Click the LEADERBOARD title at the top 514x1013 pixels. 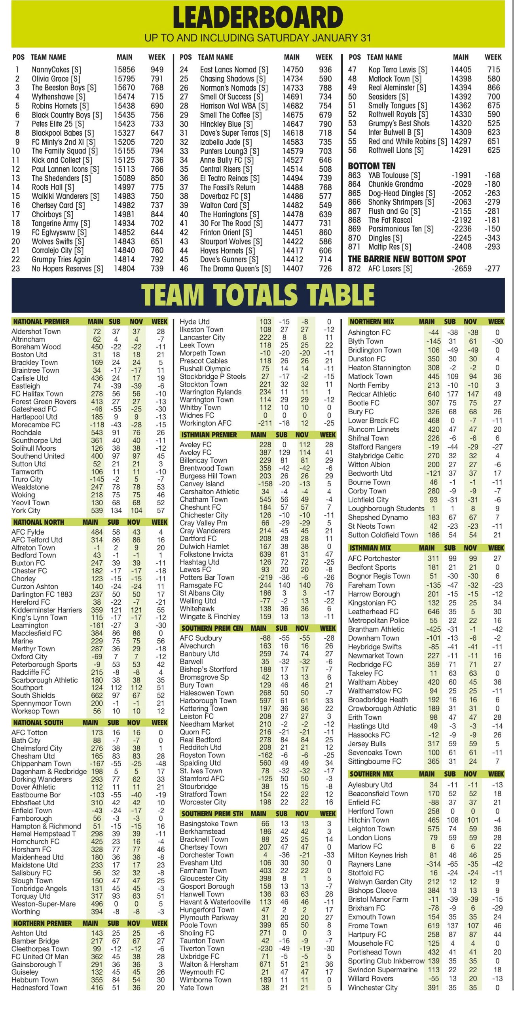258,17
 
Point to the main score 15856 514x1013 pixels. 124,70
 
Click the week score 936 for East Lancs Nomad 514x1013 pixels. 325,70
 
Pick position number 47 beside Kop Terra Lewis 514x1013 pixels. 352,70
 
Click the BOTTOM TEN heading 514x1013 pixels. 372,166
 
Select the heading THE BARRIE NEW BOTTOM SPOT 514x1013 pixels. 407,259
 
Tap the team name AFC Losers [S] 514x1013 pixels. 390,269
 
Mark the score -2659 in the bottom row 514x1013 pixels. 461,269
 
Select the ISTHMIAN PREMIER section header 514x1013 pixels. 209,434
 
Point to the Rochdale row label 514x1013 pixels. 26,433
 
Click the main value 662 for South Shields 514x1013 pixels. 97,695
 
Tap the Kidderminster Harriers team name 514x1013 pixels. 47,610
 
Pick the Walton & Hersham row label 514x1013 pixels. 209,964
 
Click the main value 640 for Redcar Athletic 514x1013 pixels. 433,394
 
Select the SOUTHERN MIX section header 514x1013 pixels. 371,774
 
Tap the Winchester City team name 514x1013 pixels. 373,988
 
